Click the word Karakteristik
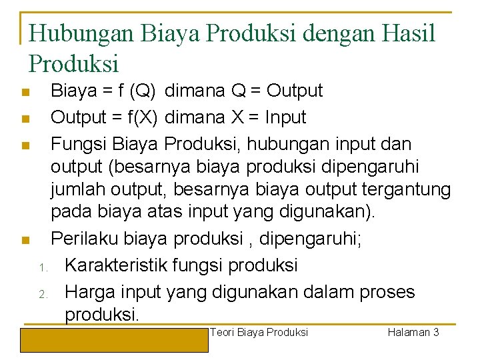(x=116, y=265)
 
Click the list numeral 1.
(x=41, y=268)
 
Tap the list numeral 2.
(x=41, y=295)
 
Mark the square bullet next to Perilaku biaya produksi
(x=25, y=239)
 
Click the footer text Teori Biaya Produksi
(x=259, y=332)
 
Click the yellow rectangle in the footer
(x=114, y=339)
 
